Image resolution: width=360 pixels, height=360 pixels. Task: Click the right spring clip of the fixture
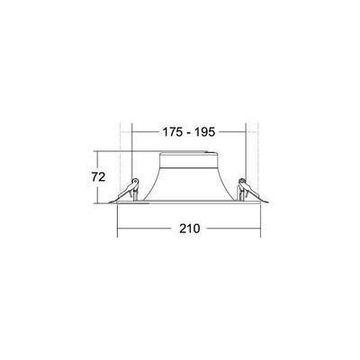click(x=243, y=190)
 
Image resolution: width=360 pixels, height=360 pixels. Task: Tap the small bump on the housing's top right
click(x=219, y=154)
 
